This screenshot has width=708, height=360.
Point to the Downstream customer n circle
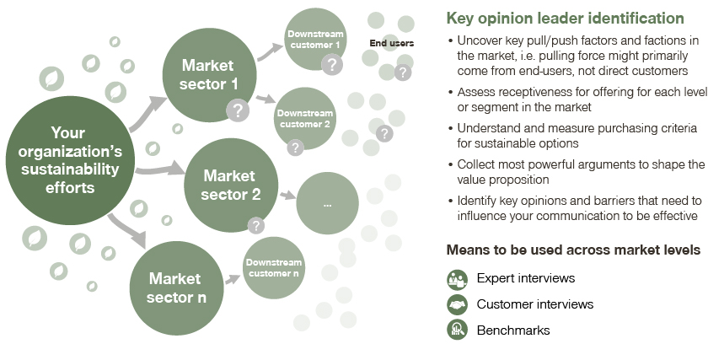click(274, 268)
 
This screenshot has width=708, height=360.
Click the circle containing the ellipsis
click(326, 204)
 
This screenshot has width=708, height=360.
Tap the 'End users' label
click(391, 44)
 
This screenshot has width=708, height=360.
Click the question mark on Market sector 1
click(239, 110)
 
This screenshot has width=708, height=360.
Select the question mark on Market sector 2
click(255, 225)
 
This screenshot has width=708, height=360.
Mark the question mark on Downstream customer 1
click(333, 64)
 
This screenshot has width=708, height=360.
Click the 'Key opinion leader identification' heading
click(564, 18)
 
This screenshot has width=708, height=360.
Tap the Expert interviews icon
click(457, 278)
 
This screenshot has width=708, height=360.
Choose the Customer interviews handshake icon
click(457, 304)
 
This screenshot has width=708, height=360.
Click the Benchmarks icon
click(457, 330)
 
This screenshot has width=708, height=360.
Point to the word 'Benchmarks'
click(512, 330)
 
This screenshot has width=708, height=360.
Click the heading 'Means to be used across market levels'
click(573, 250)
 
